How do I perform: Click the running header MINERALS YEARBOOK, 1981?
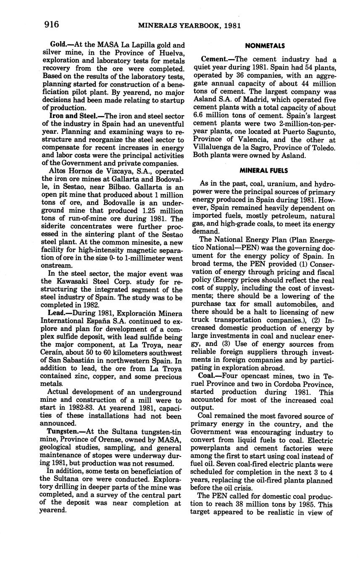tap(189, 26)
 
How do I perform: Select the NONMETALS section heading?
tap(265, 46)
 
